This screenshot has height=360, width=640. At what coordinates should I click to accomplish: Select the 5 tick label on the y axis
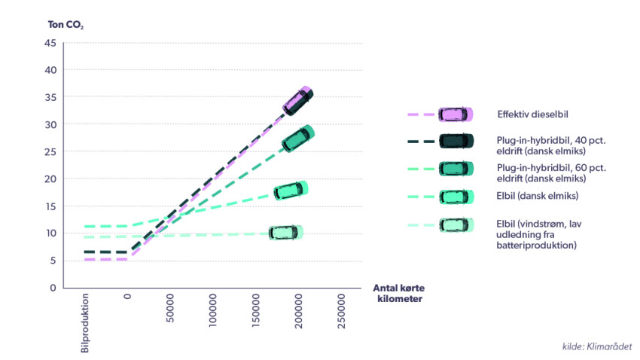(53, 261)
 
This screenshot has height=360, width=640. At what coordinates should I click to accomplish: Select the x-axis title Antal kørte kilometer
(404, 293)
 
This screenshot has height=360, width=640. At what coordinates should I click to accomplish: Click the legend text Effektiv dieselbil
(532, 114)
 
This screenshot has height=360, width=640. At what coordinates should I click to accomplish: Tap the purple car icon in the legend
(456, 114)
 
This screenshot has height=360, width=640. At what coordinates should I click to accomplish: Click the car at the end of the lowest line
(285, 233)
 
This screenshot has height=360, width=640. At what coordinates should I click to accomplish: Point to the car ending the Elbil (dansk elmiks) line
(290, 191)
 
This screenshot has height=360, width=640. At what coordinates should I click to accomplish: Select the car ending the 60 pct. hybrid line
(297, 138)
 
